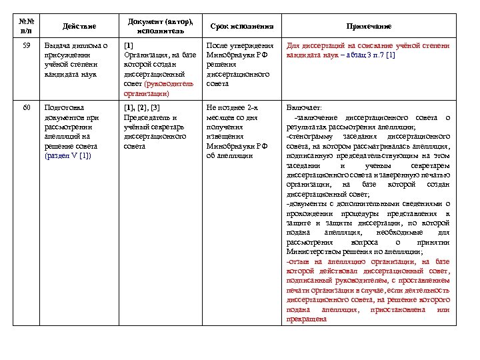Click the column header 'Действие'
pyautogui.click(x=79, y=26)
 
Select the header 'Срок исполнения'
pyautogui.click(x=242, y=26)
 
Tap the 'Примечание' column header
pyautogui.click(x=368, y=26)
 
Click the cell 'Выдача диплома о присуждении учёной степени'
pyautogui.click(x=75, y=60)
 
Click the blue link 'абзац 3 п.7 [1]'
pyautogui.click(x=370, y=55)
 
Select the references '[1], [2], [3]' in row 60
pyautogui.click(x=142, y=107)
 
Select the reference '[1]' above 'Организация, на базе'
pyautogui.click(x=129, y=46)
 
